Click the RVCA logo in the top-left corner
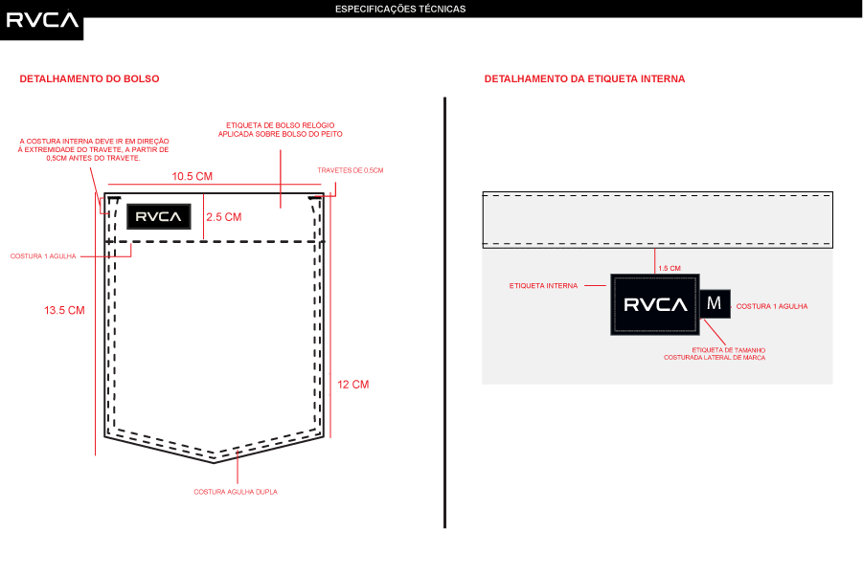(x=43, y=19)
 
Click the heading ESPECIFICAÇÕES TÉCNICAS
(x=400, y=9)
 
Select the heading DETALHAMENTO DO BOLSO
(x=89, y=78)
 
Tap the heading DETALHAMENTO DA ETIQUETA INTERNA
(x=584, y=78)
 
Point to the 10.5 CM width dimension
(x=192, y=177)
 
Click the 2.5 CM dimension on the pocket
(x=224, y=217)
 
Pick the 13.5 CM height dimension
(x=64, y=311)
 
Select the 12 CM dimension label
(x=353, y=385)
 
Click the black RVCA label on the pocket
(x=158, y=217)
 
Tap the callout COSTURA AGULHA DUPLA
(x=236, y=492)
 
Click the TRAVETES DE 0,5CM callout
(x=350, y=170)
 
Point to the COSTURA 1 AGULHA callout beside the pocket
(x=43, y=256)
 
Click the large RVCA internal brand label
(x=655, y=305)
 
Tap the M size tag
(x=714, y=303)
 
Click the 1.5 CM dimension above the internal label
(x=670, y=268)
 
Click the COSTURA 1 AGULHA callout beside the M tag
(x=772, y=306)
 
